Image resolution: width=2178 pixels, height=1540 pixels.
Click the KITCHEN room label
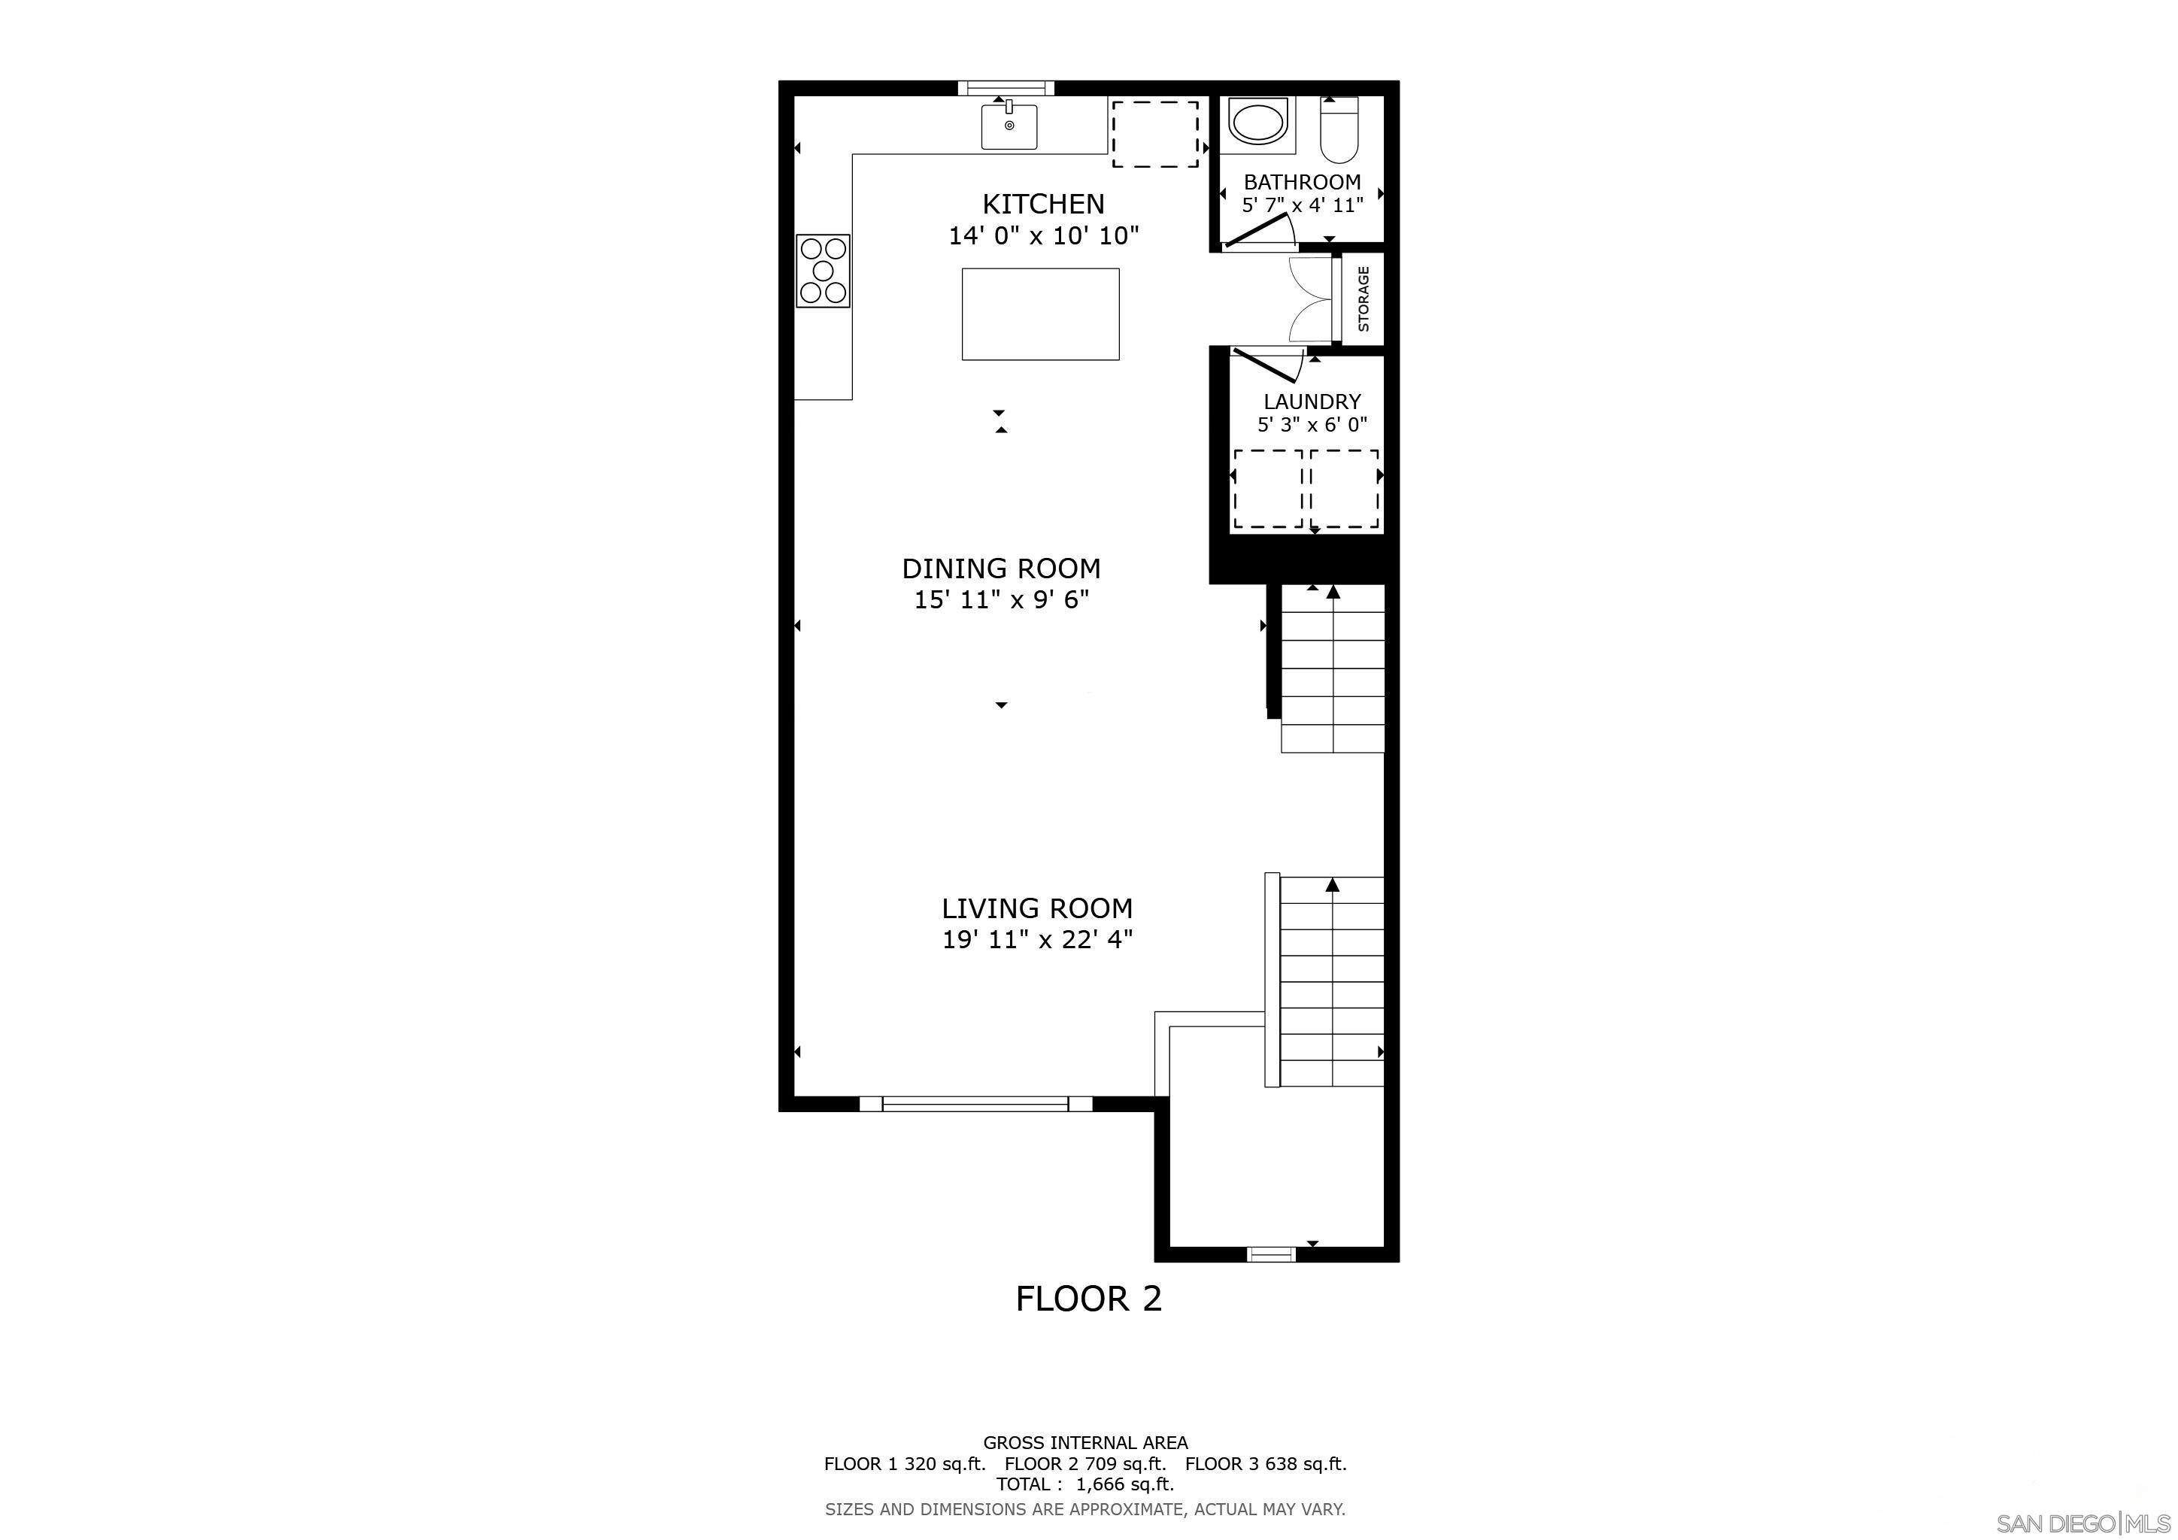click(1042, 204)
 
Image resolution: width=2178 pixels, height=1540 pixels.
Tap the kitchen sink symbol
click(1009, 127)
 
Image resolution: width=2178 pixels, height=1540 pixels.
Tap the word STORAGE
click(1364, 299)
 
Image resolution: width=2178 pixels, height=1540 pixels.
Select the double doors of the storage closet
click(1309, 299)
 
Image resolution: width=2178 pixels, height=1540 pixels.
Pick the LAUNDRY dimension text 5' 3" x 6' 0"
click(1312, 425)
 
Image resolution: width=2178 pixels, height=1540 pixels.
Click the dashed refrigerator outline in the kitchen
click(1154, 134)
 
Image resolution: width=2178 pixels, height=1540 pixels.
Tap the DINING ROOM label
click(1001, 569)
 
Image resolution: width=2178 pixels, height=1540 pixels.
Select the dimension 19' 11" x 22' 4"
click(1038, 940)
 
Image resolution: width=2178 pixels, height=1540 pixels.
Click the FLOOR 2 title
click(1088, 1298)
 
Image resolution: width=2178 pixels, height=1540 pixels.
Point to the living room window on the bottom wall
click(975, 1103)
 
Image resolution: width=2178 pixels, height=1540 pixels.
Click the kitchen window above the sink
click(1006, 88)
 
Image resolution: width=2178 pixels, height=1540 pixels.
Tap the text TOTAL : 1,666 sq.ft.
click(1084, 1484)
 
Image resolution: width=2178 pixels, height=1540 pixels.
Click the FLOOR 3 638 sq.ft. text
click(1266, 1463)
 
